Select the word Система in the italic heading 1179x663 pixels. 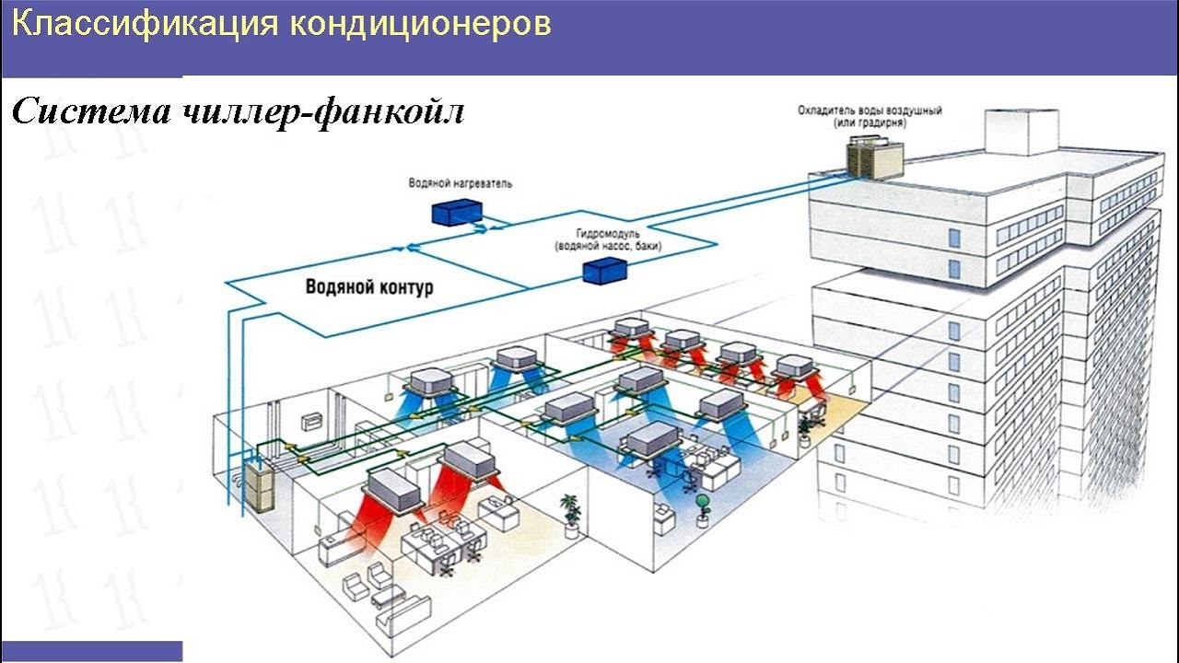(x=91, y=110)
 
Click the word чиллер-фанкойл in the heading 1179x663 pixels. (x=322, y=112)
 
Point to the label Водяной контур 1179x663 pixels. (x=369, y=286)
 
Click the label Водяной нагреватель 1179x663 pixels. (x=460, y=183)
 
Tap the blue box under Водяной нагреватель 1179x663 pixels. (x=457, y=212)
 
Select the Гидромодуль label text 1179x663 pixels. (x=608, y=234)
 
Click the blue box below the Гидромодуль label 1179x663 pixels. (x=605, y=271)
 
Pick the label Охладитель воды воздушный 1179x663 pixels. (x=870, y=110)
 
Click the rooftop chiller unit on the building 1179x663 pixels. (x=874, y=157)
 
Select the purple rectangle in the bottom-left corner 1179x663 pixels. (x=91, y=651)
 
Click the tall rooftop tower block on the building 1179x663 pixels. (x=1021, y=132)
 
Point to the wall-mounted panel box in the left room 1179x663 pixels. (x=311, y=422)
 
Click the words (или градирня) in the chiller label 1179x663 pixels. (x=870, y=123)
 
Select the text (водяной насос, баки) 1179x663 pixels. (x=608, y=246)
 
